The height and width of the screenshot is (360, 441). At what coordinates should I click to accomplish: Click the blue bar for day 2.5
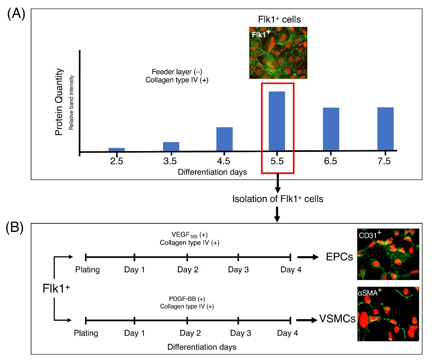click(116, 149)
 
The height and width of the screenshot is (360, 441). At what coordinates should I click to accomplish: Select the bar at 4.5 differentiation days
click(224, 139)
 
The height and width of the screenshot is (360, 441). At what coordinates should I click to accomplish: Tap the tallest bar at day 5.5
click(277, 121)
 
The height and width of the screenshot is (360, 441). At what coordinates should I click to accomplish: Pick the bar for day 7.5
click(385, 129)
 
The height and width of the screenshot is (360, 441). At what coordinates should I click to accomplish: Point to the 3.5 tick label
click(171, 161)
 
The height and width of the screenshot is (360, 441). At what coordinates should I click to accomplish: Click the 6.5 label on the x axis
click(330, 161)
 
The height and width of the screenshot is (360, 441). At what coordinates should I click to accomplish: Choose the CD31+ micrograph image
click(388, 254)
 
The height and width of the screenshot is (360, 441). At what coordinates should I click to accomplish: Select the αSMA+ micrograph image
click(388, 314)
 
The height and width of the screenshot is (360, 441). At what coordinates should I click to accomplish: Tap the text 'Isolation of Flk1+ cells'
click(278, 199)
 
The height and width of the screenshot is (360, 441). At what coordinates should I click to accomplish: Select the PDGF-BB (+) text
click(187, 299)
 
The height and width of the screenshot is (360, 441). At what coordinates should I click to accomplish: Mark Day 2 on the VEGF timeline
click(187, 270)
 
